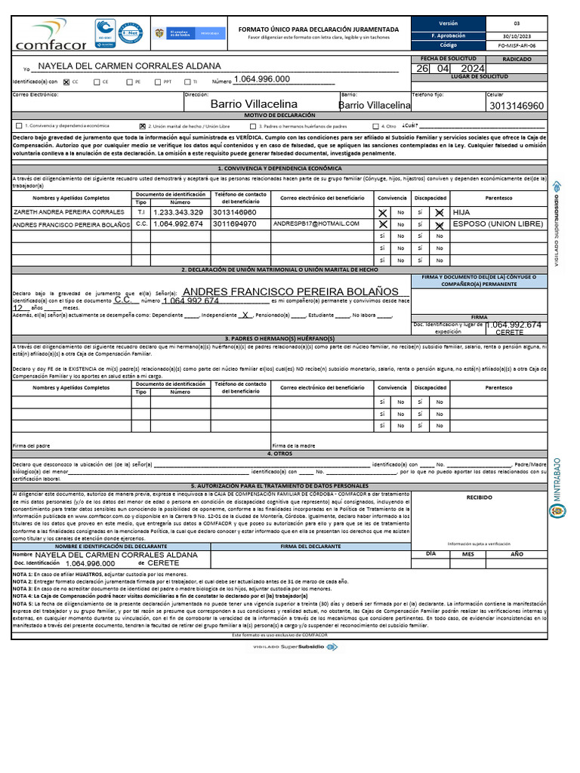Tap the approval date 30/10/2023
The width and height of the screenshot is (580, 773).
point(517,35)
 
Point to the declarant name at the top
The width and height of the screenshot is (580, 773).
point(129,66)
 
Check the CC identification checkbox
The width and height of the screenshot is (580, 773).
point(66,82)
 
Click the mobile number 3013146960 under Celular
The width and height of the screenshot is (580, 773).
point(516,106)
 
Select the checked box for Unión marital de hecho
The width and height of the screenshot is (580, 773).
point(143,126)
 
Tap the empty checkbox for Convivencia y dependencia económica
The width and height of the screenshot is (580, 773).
point(19,126)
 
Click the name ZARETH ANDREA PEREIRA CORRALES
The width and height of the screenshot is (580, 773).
point(69,213)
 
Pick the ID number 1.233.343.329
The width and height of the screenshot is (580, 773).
point(178,213)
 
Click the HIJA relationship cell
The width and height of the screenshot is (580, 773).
point(461,213)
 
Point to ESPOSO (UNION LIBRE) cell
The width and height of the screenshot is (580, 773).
point(498,224)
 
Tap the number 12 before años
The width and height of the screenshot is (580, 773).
point(17,307)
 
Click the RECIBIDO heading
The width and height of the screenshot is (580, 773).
point(479,497)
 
